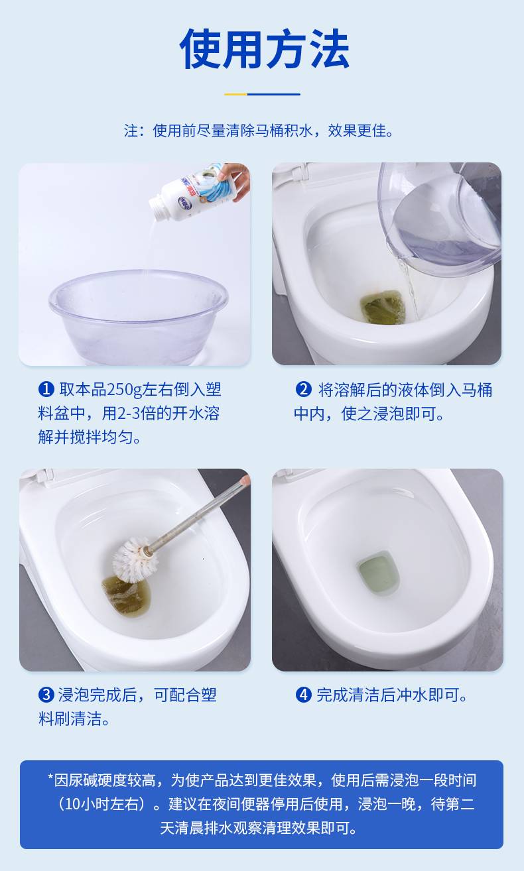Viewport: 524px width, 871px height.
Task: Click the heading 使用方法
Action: coord(264,49)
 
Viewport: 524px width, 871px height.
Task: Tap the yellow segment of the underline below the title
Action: coord(235,94)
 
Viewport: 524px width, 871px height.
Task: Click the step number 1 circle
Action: coord(46,389)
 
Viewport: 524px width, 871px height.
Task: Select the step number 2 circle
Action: coord(303,389)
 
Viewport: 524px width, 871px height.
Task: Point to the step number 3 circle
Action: coord(46,695)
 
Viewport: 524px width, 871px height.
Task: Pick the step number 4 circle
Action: coord(303,695)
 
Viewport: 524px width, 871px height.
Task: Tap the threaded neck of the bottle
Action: coord(159,207)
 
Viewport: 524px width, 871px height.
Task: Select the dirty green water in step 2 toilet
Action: coord(383,307)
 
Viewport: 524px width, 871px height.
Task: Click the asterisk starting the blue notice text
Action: coord(50,778)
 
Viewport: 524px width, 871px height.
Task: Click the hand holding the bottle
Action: coord(235,180)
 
